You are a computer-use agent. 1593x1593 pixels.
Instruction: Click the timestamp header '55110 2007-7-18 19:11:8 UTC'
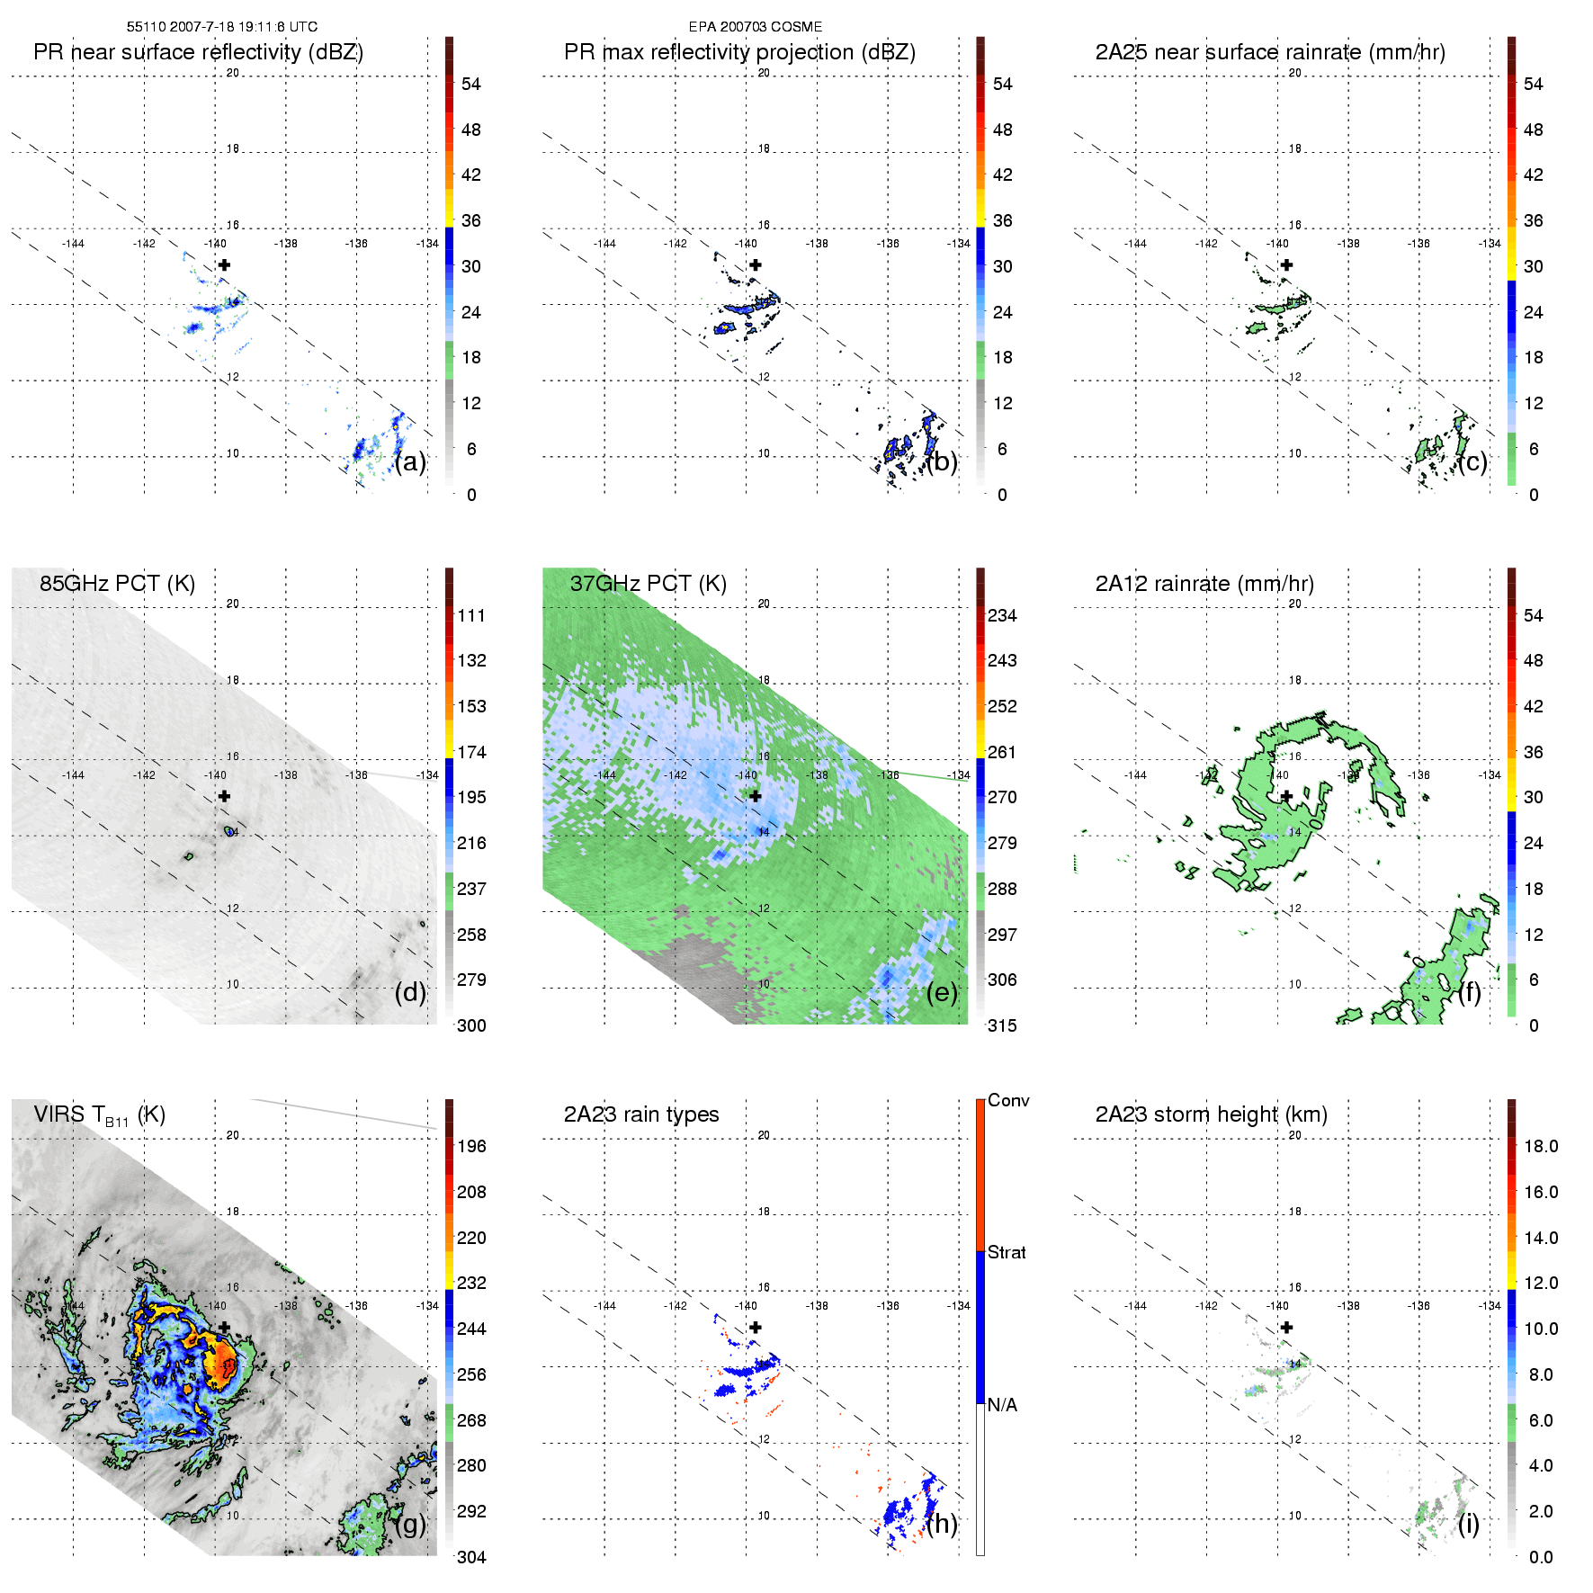point(221,27)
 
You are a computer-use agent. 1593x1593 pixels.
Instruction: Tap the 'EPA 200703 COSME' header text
point(755,27)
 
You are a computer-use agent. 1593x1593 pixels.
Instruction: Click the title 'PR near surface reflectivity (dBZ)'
point(198,52)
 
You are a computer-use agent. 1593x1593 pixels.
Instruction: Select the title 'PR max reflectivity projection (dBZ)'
point(739,52)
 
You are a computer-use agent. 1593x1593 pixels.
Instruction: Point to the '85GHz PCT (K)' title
point(117,584)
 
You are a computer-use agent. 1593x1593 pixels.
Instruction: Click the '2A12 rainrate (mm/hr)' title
point(1204,584)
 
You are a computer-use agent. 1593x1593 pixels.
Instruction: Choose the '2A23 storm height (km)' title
point(1211,1114)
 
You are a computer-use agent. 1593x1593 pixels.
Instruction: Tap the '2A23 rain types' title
point(641,1114)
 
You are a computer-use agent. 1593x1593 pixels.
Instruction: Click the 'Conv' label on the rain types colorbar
point(1008,1101)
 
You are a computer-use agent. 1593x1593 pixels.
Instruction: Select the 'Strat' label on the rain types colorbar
point(1007,1253)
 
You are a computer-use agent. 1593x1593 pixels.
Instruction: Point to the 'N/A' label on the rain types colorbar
point(1002,1405)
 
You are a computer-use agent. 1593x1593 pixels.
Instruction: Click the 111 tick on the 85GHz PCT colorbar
point(471,616)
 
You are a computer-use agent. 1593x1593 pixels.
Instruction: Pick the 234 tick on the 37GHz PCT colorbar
point(1002,616)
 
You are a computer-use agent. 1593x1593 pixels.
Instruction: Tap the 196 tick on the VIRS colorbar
point(471,1147)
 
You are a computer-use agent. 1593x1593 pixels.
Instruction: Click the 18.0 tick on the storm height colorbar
point(1541,1147)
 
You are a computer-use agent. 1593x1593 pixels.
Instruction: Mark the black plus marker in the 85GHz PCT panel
point(224,796)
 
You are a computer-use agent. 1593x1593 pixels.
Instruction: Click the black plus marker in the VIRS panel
point(224,1327)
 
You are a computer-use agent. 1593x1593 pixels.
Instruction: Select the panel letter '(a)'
point(410,462)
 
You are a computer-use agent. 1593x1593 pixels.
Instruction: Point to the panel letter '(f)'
point(1470,992)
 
